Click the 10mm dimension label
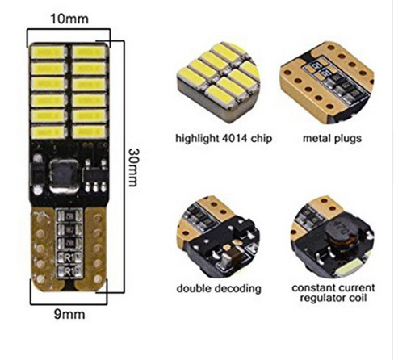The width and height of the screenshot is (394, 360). tap(69, 19)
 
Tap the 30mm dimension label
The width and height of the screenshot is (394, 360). tap(132, 167)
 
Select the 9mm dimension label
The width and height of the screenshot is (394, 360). tap(69, 314)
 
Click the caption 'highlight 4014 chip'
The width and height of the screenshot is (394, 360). tap(224, 139)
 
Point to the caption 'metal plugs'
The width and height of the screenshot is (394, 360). tap(332, 139)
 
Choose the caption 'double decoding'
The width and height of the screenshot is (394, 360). tap(219, 288)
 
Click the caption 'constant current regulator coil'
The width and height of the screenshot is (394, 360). tap(333, 293)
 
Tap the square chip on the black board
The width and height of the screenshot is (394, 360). tap(65, 176)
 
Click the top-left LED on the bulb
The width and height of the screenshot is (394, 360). tap(48, 52)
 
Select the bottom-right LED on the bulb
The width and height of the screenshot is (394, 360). tap(90, 132)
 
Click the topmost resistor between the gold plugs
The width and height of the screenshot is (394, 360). tap(69, 216)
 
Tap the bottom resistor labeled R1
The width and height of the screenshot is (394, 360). tap(69, 271)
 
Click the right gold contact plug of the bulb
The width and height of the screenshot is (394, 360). tap(94, 249)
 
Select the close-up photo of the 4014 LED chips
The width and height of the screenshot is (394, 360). tap(219, 82)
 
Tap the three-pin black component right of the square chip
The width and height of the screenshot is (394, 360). tap(94, 175)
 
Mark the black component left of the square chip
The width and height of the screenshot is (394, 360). tap(38, 174)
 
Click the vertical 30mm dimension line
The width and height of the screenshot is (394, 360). tap(124, 167)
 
